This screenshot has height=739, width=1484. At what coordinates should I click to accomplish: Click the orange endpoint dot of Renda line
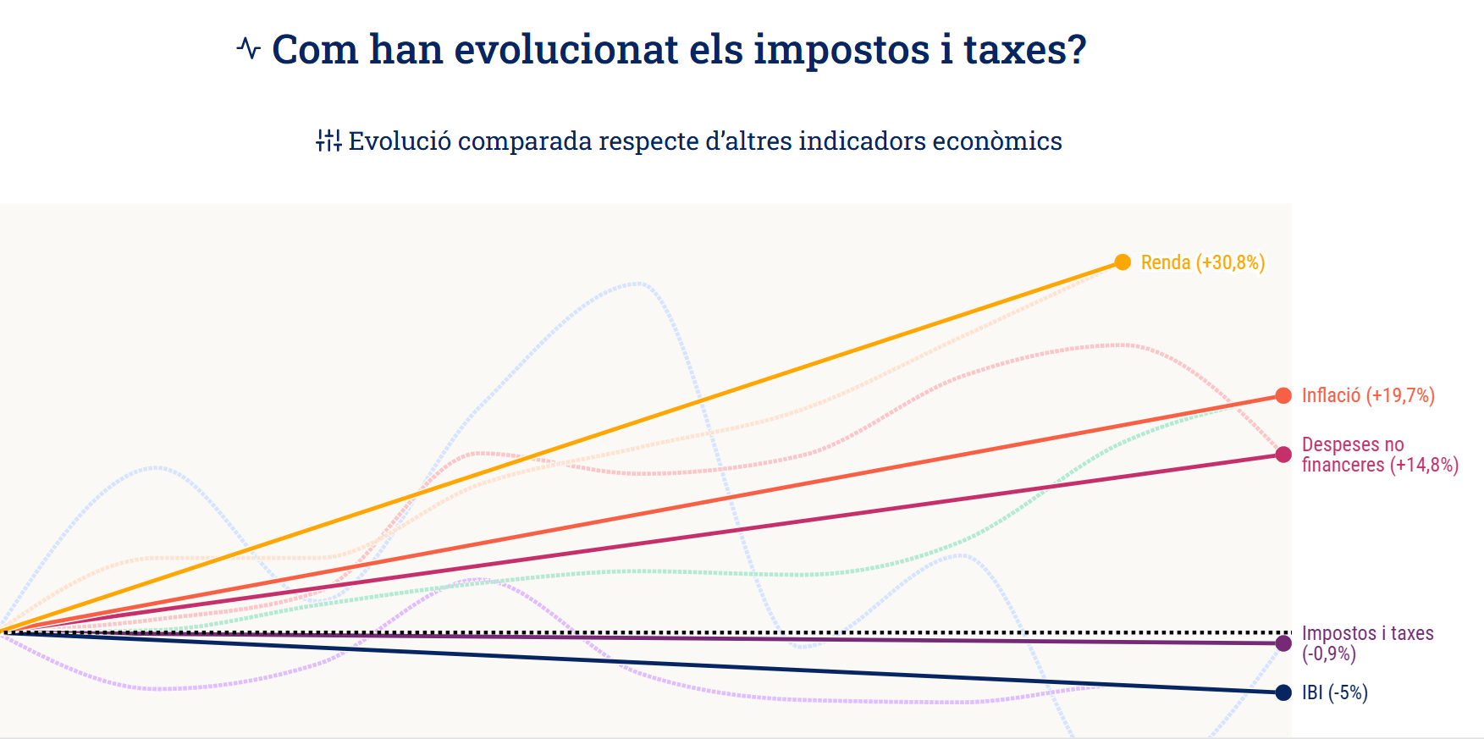coord(1123,262)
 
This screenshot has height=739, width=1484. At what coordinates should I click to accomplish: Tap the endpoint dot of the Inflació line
coord(1283,395)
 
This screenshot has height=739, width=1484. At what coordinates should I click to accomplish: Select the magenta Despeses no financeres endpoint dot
coord(1283,455)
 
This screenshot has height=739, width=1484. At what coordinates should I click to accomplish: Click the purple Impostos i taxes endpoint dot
coord(1283,643)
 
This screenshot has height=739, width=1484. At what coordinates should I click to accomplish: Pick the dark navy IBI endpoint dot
coord(1283,692)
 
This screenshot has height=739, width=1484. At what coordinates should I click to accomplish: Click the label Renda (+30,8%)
coord(1202,262)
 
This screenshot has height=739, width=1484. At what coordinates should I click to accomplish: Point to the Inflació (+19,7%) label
coord(1368,395)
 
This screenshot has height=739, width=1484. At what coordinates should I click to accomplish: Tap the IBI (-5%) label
coord(1335,692)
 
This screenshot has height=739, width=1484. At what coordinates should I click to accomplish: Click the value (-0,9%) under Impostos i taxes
coord(1329,654)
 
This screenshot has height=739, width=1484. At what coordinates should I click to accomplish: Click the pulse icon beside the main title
coord(249,48)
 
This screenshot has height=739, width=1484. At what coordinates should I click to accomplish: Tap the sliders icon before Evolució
coord(328,141)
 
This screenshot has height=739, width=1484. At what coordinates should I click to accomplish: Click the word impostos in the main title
coord(842,50)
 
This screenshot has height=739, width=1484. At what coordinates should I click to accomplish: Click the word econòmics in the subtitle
coord(996,141)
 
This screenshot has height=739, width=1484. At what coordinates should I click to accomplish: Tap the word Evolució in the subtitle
coord(400,141)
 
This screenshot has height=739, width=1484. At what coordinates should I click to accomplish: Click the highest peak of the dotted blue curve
coord(637,284)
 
